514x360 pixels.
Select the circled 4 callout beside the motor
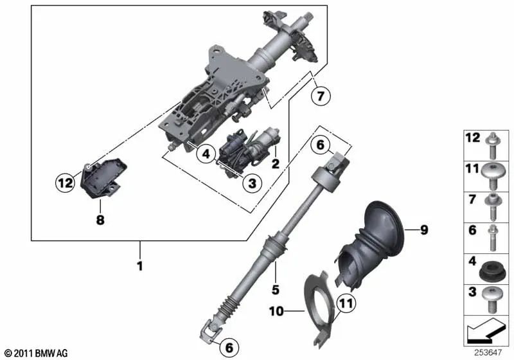[206, 154]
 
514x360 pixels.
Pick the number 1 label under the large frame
[139, 265]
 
